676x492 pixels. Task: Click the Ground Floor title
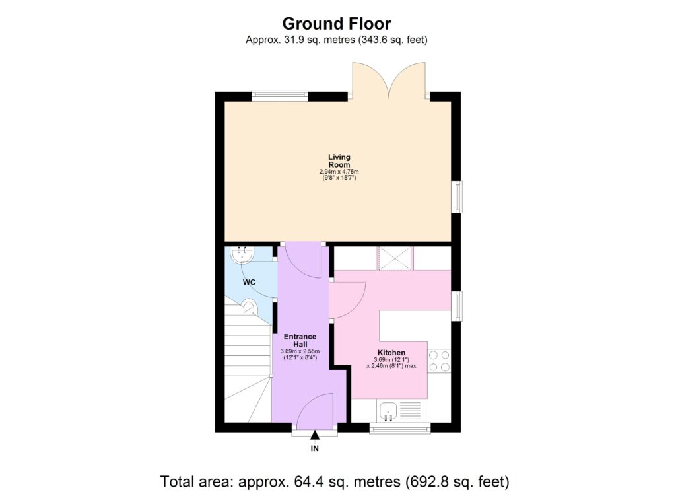pos(337,23)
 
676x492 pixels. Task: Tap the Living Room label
pos(339,161)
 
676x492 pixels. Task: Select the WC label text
pos(249,283)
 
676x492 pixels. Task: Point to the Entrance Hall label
pos(300,340)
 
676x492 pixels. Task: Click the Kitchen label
pos(391,353)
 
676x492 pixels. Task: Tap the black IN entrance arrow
pos(315,435)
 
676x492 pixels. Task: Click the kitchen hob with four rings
pos(439,361)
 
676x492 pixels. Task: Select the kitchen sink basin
pos(389,411)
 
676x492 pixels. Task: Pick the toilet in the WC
pos(249,306)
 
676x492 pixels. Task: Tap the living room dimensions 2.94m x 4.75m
pos(339,172)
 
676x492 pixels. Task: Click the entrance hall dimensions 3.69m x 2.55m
pos(300,351)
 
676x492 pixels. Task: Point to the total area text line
pos(335,481)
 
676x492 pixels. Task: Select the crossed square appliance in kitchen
pos(395,259)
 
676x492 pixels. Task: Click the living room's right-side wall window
pos(457,197)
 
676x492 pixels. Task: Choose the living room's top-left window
pos(280,96)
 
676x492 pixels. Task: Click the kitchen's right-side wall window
pos(457,306)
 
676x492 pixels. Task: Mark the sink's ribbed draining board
pos(410,411)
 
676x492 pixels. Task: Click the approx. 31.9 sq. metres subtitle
pos(336,40)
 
